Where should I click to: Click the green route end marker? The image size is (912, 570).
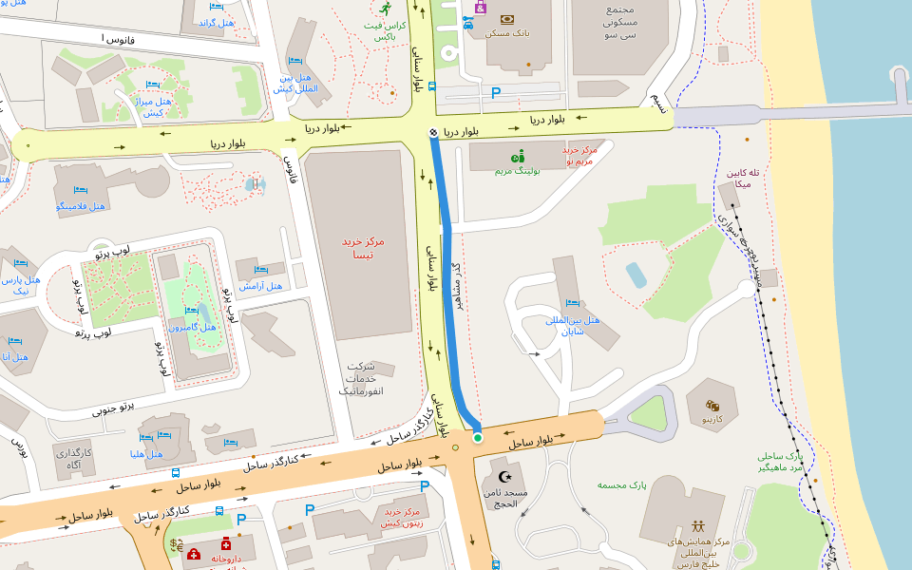(478, 437)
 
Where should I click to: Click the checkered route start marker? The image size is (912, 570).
(433, 133)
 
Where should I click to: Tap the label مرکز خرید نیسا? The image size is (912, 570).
(363, 248)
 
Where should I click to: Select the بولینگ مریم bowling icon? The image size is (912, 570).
(518, 156)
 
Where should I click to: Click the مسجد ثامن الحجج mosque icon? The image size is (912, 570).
(504, 476)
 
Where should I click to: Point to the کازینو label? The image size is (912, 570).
(712, 418)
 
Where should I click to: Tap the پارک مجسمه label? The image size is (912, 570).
(621, 485)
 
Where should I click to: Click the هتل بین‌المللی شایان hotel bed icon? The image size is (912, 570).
(572, 303)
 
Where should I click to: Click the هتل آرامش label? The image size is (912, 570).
(260, 285)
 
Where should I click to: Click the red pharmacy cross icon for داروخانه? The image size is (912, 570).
(226, 544)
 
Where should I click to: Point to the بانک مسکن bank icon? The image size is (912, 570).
(507, 18)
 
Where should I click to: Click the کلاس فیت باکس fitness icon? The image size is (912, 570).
(385, 7)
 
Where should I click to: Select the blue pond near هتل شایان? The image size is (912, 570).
(636, 275)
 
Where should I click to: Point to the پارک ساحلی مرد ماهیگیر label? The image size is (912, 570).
(780, 462)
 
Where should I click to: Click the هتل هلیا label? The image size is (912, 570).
(147, 453)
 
